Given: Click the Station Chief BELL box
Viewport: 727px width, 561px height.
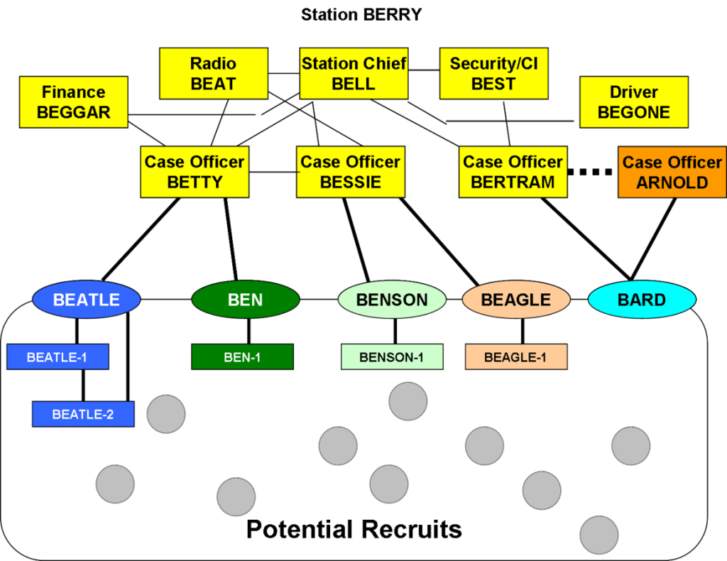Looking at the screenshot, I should pos(354,73).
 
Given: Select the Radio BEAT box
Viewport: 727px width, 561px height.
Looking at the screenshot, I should pos(213,73).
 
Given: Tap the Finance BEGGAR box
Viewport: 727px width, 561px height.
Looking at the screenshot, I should pos(74,102).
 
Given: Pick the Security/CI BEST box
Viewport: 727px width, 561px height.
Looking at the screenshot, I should pos(493,73).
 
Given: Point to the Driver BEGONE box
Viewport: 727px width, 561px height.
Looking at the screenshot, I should pos(633,102).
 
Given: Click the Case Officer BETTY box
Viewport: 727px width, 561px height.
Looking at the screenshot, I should pos(195,172).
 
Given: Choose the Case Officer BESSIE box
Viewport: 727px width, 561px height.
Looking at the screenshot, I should pos(351,172).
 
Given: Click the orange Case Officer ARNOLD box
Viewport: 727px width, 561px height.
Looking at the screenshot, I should pos(672,172).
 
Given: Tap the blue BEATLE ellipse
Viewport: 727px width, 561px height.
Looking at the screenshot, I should pos(87,300).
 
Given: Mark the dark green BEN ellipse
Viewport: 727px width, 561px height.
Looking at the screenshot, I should pos(246,300).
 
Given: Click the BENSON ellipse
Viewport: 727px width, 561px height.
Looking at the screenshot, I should pos(392,300).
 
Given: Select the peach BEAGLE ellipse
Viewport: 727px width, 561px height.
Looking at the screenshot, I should pos(516,300).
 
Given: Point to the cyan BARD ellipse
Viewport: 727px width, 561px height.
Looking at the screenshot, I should pos(642,300).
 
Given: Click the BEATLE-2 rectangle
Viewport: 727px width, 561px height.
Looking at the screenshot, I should pos(83,414).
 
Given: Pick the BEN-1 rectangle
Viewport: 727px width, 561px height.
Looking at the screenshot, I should pos(242,357).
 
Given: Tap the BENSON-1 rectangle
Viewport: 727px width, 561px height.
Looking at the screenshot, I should pos(392,357).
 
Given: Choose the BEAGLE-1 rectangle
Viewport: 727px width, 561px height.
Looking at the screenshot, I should pos(516,357).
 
